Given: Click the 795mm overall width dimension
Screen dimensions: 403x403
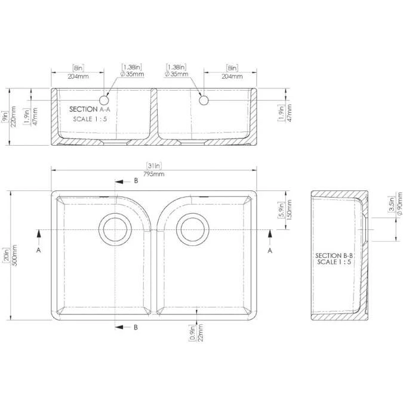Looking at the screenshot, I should (x=154, y=174).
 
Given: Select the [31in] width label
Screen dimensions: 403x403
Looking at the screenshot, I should (x=154, y=165).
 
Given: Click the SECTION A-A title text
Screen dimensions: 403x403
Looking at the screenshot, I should (x=90, y=109).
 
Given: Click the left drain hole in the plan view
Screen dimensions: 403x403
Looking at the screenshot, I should (x=114, y=227).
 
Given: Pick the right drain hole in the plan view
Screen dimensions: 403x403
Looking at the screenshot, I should (x=193, y=227).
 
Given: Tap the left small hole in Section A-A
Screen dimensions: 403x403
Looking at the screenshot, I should (x=107, y=100).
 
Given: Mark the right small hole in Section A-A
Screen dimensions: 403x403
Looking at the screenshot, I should (x=204, y=100).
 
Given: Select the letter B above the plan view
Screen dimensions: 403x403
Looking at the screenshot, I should (x=136, y=180).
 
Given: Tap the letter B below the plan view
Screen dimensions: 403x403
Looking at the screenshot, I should (x=136, y=327).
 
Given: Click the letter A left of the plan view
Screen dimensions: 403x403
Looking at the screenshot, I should (x=39, y=251).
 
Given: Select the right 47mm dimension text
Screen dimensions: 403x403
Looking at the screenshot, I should (x=289, y=112).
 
